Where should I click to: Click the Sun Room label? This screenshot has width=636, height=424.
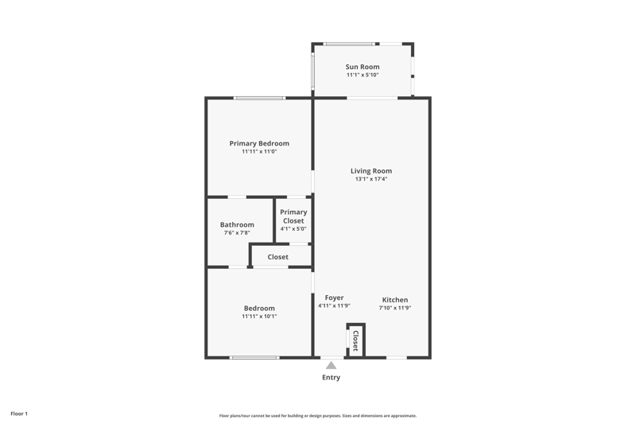click(363, 67)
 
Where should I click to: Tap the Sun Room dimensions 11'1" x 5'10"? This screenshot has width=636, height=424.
click(363, 75)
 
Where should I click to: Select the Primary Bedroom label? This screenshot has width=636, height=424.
click(259, 144)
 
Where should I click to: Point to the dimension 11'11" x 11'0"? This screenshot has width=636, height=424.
click(259, 152)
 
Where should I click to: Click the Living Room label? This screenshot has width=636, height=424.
click(371, 171)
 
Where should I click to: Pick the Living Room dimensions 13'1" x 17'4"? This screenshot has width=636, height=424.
click(371, 179)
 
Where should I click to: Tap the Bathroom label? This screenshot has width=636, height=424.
click(237, 225)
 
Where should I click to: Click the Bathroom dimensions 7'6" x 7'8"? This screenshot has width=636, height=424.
click(237, 233)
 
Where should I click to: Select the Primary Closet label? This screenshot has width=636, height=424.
click(293, 216)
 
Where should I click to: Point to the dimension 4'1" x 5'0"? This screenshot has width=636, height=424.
click(293, 229)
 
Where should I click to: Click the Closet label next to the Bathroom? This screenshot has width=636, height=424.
click(277, 257)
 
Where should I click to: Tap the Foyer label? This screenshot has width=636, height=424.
click(334, 298)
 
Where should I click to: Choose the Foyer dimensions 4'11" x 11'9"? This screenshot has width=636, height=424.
click(334, 306)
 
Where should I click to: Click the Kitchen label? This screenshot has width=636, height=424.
click(395, 300)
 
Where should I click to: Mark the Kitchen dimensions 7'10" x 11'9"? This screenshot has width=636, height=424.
click(395, 308)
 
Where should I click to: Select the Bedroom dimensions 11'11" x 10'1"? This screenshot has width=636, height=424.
click(259, 317)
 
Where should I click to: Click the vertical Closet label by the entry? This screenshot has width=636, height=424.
click(355, 340)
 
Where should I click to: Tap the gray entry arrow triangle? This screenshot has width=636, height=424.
click(331, 366)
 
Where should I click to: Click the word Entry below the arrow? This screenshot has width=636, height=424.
click(331, 377)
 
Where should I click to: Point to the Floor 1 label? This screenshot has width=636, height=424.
click(19, 414)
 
